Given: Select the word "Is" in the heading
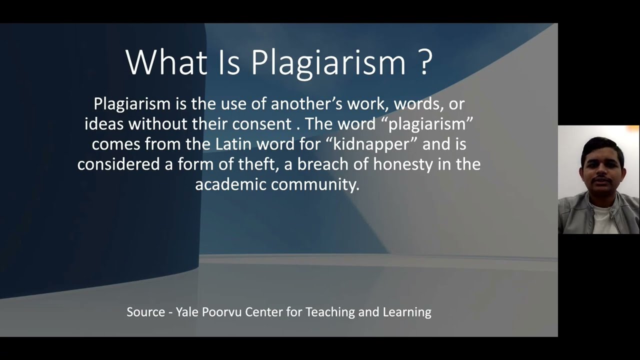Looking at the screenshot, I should [x=228, y=62].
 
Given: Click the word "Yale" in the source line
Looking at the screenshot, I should [x=187, y=312].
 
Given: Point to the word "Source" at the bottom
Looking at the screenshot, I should [x=145, y=312].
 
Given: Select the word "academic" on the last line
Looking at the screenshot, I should [x=230, y=184].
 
